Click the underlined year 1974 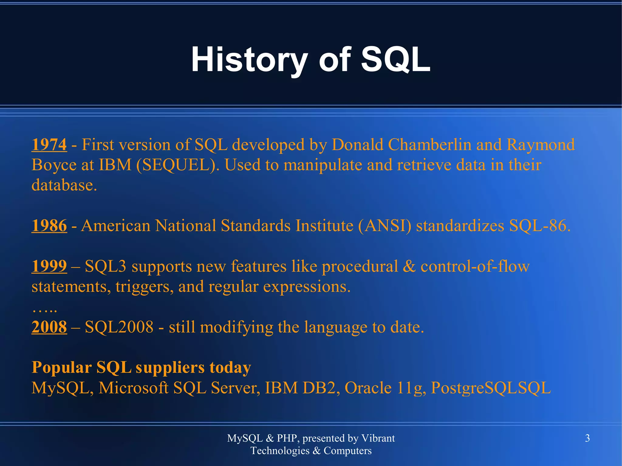pyautogui.click(x=49, y=145)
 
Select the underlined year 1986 pyautogui.click(x=49, y=226)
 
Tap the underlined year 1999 pyautogui.click(x=49, y=266)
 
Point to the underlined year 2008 pyautogui.click(x=49, y=327)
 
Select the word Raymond pyautogui.click(x=541, y=145)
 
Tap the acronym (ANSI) pyautogui.click(x=385, y=226)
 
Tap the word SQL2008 pyautogui.click(x=119, y=327)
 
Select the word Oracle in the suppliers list pyautogui.click(x=368, y=388)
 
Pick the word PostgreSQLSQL pyautogui.click(x=491, y=388)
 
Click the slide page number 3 pyautogui.click(x=587, y=438)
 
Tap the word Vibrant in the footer pyautogui.click(x=378, y=438)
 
